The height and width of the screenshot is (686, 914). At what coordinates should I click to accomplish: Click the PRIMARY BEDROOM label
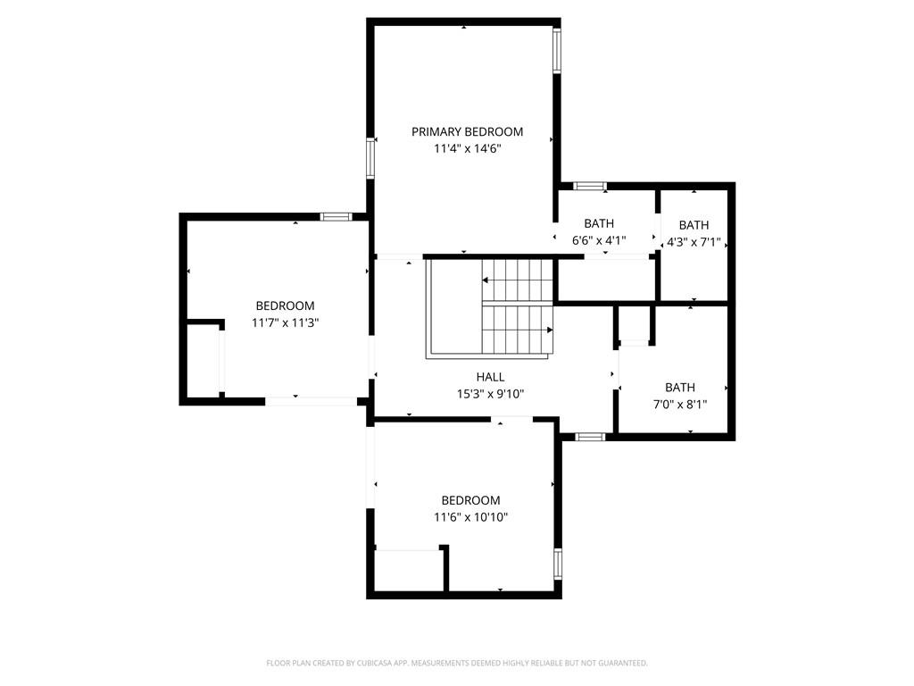(x=467, y=132)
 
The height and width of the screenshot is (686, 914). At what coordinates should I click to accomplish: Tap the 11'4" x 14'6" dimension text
(x=467, y=149)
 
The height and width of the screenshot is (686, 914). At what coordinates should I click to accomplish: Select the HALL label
(x=490, y=377)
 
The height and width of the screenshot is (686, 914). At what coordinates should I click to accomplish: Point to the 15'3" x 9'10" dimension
(x=490, y=394)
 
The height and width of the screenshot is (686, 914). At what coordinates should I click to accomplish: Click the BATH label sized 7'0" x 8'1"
(x=679, y=388)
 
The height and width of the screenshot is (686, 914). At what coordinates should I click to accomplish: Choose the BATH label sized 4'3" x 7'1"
(x=694, y=225)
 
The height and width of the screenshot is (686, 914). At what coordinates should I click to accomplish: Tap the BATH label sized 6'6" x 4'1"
(x=599, y=223)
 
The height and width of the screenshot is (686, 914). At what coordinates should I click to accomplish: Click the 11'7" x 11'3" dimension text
(x=285, y=322)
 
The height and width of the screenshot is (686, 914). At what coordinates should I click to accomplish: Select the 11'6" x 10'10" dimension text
(x=470, y=517)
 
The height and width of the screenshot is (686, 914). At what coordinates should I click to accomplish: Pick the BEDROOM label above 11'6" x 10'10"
(x=470, y=500)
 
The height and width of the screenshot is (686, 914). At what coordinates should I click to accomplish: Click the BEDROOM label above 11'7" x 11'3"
(x=285, y=305)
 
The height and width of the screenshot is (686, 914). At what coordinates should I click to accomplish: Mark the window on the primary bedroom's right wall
(x=557, y=50)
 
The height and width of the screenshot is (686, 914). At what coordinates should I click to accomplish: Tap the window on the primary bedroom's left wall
(x=370, y=158)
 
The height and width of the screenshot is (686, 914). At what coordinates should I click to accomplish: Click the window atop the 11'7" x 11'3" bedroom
(x=336, y=216)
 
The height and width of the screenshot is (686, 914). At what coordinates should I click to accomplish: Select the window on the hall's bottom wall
(x=589, y=437)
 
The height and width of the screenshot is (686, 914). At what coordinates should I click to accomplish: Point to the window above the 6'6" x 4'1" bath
(x=588, y=186)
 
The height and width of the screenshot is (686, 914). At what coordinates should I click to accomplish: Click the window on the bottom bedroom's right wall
(x=558, y=564)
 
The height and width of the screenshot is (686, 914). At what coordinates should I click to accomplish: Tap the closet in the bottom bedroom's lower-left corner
(x=408, y=570)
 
